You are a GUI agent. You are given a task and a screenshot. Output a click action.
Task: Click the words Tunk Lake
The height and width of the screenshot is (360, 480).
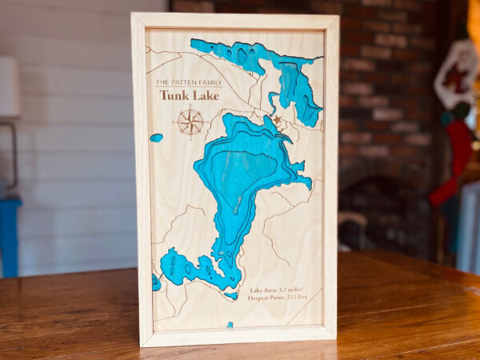[x=189, y=95]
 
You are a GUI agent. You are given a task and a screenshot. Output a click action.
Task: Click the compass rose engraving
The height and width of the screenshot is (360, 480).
[x=190, y=122]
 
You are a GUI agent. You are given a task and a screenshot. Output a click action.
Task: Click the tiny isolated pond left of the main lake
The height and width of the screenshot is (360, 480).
[x=156, y=138]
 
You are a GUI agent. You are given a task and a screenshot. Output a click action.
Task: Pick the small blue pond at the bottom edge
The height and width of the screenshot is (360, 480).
[x=230, y=324]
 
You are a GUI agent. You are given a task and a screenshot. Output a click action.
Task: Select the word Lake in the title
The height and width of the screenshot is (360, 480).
[x=204, y=95]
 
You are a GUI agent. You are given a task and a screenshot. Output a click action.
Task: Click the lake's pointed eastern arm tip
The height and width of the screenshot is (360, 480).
[x=310, y=183]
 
